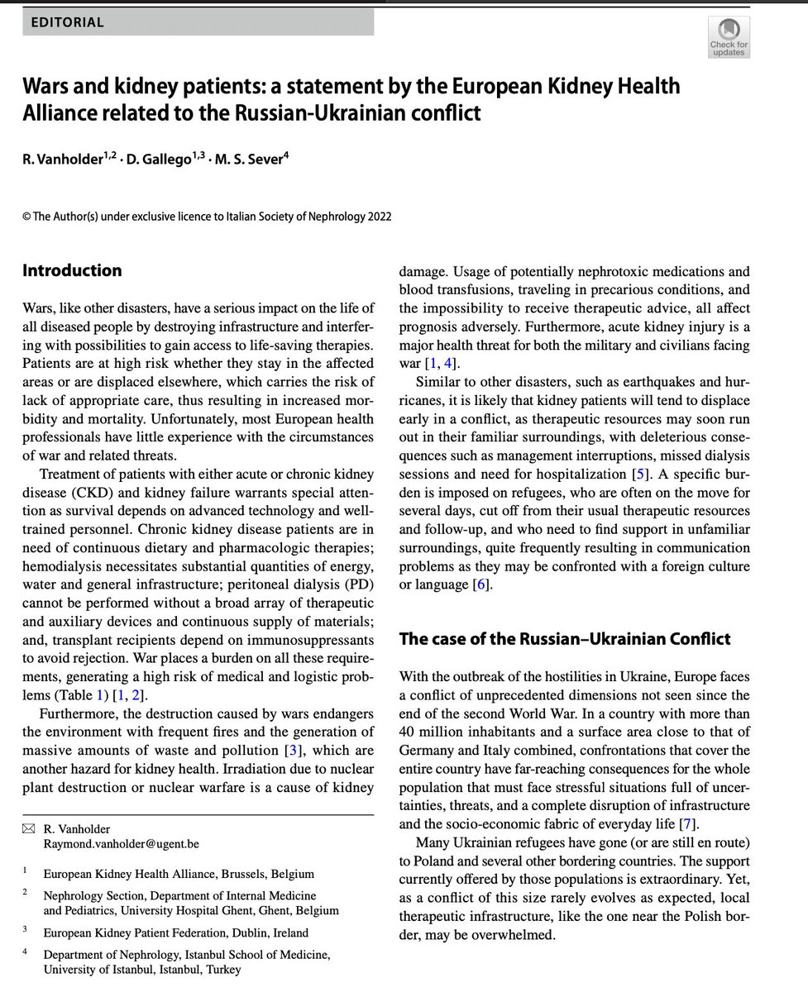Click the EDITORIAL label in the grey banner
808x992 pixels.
coord(67,22)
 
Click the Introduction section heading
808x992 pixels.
coord(72,270)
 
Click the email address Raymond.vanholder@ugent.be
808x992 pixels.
coord(121,844)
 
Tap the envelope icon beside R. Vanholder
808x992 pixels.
coord(29,829)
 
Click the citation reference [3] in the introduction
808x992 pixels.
coord(289,750)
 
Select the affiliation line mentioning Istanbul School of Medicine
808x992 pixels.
coord(186,955)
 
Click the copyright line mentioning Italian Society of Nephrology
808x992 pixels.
coord(207,217)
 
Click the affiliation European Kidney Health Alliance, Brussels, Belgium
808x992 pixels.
coord(178,873)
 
